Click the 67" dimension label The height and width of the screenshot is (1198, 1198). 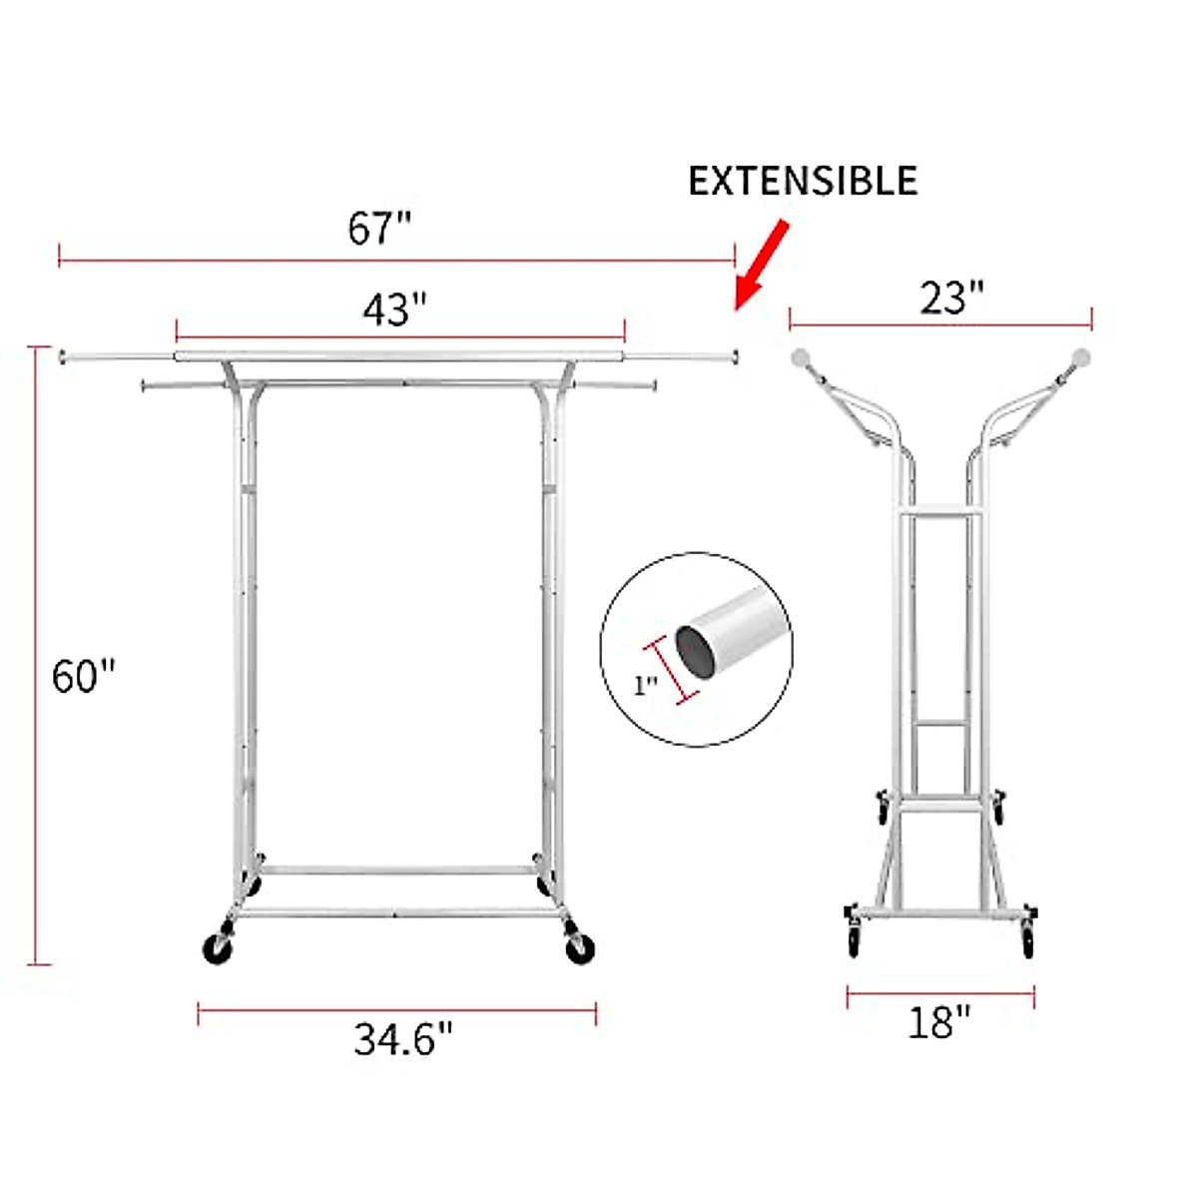point(378,229)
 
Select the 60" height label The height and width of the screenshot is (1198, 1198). point(84,677)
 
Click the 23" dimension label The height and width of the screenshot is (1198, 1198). point(951,299)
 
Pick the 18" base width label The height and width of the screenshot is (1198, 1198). point(938,1022)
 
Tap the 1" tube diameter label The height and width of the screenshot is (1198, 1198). point(646,686)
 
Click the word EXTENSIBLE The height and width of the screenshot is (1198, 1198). point(803,181)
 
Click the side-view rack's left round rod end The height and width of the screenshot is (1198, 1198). point(801,357)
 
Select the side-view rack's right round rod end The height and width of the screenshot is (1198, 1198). point(1081,356)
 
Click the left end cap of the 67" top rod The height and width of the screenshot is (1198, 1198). point(64,354)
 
